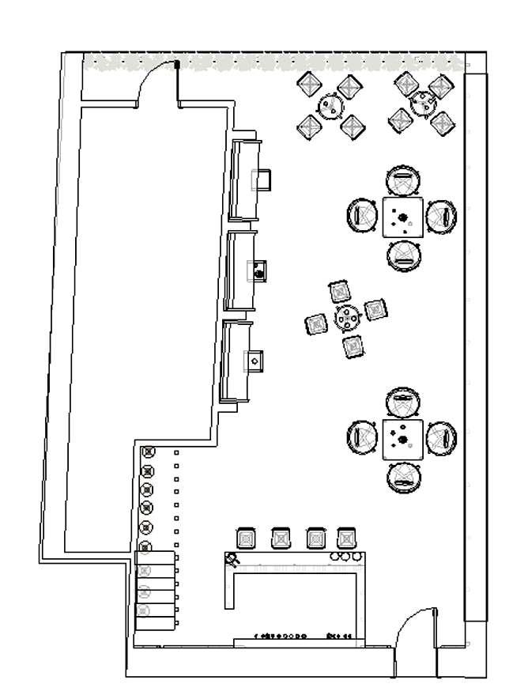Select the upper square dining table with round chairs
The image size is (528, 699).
tap(403, 217)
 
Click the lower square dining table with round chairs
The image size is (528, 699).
tap(403, 439)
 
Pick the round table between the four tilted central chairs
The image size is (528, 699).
tap(347, 317)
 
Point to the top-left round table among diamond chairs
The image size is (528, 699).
tap(331, 105)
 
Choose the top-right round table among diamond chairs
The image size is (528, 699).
tap(424, 102)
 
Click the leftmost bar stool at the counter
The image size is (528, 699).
tap(246, 538)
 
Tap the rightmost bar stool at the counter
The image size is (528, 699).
tap(346, 538)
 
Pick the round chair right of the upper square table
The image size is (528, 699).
tap(443, 215)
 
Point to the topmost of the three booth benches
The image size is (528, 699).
tap(244, 179)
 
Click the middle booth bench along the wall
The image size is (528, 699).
tap(241, 271)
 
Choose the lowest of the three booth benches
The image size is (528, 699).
tap(236, 362)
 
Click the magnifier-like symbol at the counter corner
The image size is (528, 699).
tap(232, 560)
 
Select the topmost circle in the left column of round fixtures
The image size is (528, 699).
tap(146, 452)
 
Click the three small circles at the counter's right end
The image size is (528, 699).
tap(345, 557)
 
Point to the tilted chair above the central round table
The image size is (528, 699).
tap(340, 291)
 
